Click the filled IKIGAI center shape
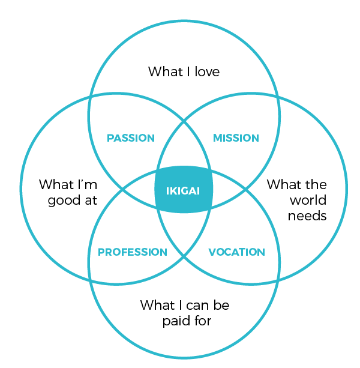click(184, 189)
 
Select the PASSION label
click(131, 138)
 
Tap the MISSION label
click(236, 138)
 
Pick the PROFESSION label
click(133, 252)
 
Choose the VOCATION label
click(236, 252)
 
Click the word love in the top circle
click(208, 71)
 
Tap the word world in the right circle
click(308, 200)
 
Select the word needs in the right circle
click(307, 216)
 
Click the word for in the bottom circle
click(203, 321)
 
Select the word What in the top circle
click(166, 71)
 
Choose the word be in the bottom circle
click(221, 306)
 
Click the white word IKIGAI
click(183, 191)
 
